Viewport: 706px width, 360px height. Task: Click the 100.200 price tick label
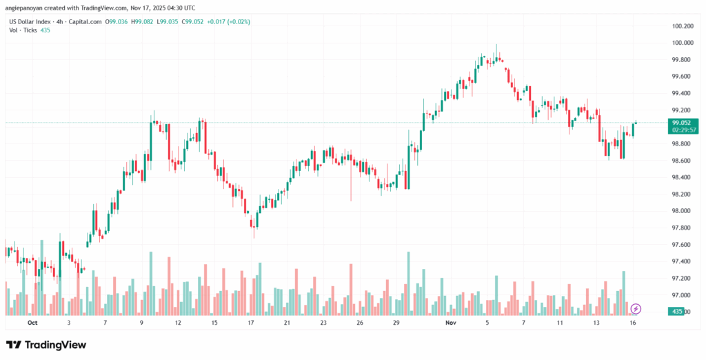coord(682,26)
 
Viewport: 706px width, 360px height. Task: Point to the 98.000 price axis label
coord(682,211)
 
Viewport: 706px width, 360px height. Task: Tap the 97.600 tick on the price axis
coord(682,245)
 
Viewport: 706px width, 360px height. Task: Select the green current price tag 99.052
coord(682,122)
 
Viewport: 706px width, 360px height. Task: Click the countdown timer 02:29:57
coord(682,130)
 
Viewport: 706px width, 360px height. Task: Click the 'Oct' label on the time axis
coord(32,322)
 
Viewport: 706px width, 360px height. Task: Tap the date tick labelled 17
coord(251,322)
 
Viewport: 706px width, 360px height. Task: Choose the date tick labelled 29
coord(396,322)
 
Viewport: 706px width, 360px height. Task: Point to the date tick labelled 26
coord(360,322)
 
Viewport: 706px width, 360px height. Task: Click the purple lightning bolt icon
coord(636,308)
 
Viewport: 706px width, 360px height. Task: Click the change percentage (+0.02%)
coord(236,22)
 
